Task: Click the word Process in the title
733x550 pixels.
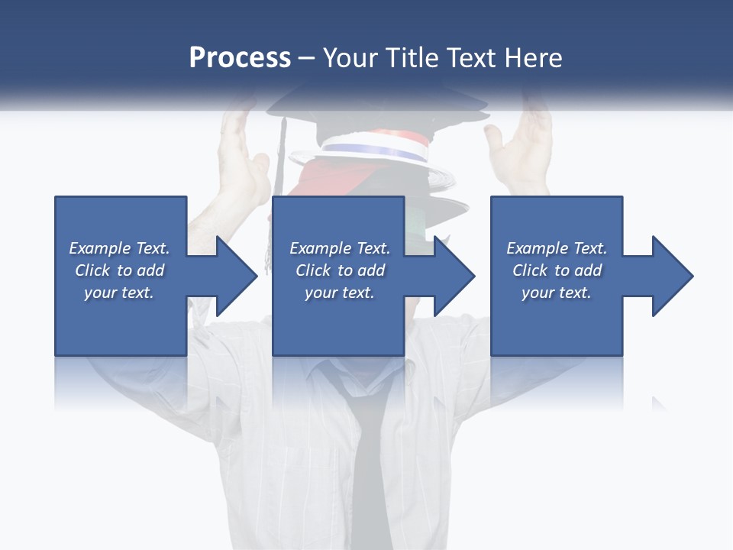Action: (x=240, y=57)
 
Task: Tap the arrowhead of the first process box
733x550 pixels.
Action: (x=237, y=276)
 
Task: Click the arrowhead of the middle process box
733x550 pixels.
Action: (x=454, y=276)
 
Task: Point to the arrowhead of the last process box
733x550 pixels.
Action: (x=673, y=276)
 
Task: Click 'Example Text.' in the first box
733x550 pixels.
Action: (x=120, y=248)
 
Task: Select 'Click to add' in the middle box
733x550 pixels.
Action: (x=340, y=270)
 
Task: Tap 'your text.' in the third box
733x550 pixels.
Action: (x=557, y=293)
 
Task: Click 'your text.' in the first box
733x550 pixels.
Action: (x=120, y=293)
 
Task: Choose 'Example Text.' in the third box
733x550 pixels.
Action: (x=557, y=248)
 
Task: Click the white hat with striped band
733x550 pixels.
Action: (x=374, y=149)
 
